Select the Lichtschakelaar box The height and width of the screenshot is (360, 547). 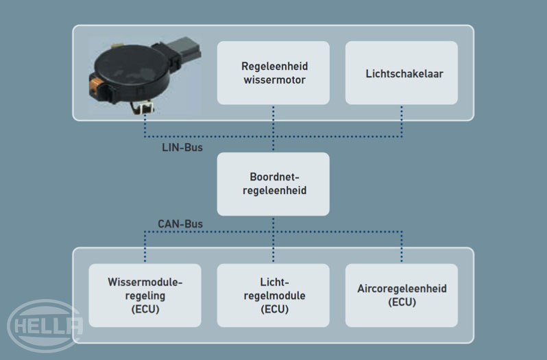[x=401, y=73]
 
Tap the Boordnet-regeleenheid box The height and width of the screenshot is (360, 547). [x=273, y=183]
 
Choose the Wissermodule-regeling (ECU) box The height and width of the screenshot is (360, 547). [x=145, y=295]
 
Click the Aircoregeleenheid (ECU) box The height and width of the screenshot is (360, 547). [x=401, y=295]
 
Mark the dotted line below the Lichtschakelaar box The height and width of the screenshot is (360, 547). [x=401, y=120]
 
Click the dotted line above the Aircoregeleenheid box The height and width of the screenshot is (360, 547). [x=401, y=247]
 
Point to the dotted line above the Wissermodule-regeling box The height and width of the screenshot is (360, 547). [x=145, y=247]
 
